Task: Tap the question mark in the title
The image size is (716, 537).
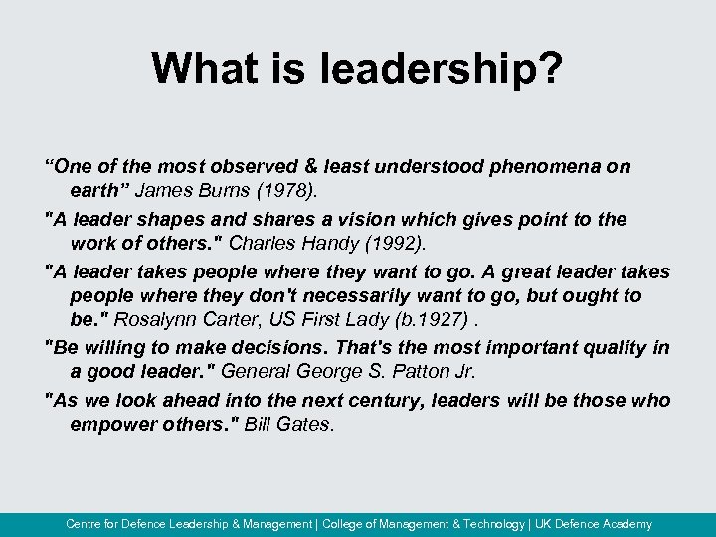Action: pos(551,69)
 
